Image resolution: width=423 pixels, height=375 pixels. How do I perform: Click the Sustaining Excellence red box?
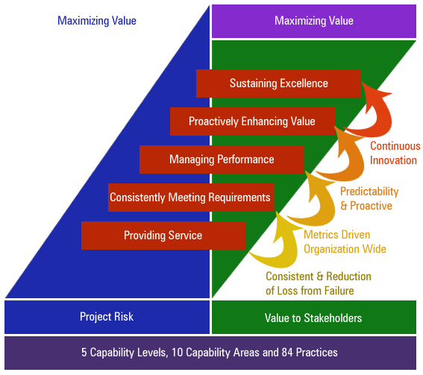coord(278,83)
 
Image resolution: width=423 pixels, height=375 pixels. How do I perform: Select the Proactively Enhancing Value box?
coord(252,122)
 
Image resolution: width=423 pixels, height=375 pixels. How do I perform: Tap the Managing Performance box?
coord(222,160)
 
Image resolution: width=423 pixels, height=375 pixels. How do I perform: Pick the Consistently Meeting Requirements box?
coord(191,198)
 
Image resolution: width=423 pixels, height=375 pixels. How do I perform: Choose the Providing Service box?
coord(163,236)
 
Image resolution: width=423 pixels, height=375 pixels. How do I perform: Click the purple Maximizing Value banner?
coord(314,21)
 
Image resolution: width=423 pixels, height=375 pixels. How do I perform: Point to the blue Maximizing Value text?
coord(97,21)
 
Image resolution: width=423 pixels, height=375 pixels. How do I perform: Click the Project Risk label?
coord(107,317)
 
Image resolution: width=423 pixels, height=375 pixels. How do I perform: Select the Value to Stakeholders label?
coord(313,318)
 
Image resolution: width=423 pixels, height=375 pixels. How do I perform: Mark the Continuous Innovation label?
coord(395,153)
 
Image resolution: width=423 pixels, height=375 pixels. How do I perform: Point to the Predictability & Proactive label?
coord(369,198)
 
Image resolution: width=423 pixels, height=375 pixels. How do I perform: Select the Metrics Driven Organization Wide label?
coord(345,242)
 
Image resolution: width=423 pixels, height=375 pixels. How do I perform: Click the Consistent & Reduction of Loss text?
coord(319,283)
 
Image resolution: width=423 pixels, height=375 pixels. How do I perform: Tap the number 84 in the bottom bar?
coord(287,353)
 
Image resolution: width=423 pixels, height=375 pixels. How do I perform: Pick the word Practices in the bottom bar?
coord(317,353)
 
